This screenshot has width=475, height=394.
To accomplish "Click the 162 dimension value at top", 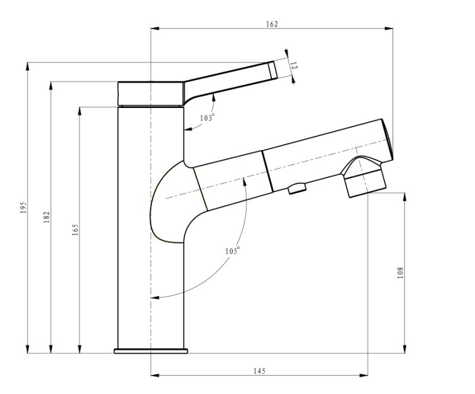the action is (272, 24).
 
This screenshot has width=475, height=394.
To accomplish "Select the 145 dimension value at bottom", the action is (259, 371).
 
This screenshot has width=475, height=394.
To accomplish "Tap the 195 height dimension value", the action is (23, 208).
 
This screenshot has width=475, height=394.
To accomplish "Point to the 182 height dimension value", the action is (46, 217).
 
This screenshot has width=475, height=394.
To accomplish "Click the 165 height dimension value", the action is (75, 230).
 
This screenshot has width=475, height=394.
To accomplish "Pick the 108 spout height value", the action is (400, 272).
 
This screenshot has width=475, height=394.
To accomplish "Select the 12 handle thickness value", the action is (294, 66).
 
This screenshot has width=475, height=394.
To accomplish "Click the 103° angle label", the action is (207, 117).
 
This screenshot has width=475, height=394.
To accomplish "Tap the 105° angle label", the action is (232, 250).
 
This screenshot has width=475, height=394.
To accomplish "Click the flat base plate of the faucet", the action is (151, 351).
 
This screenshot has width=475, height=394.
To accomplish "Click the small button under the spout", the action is (297, 188).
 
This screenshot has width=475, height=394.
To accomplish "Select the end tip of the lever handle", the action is (273, 70).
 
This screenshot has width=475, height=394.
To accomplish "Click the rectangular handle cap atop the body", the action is (151, 94).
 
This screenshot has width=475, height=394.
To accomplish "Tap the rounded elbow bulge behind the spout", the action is (167, 202).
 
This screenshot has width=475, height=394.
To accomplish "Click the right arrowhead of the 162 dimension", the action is (389, 28).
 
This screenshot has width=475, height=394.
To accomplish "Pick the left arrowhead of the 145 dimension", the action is (155, 376).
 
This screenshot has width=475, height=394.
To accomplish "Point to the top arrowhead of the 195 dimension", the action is (27, 66).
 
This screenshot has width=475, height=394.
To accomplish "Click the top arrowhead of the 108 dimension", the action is (405, 196).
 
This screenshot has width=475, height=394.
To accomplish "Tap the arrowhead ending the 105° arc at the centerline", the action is (155, 298).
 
